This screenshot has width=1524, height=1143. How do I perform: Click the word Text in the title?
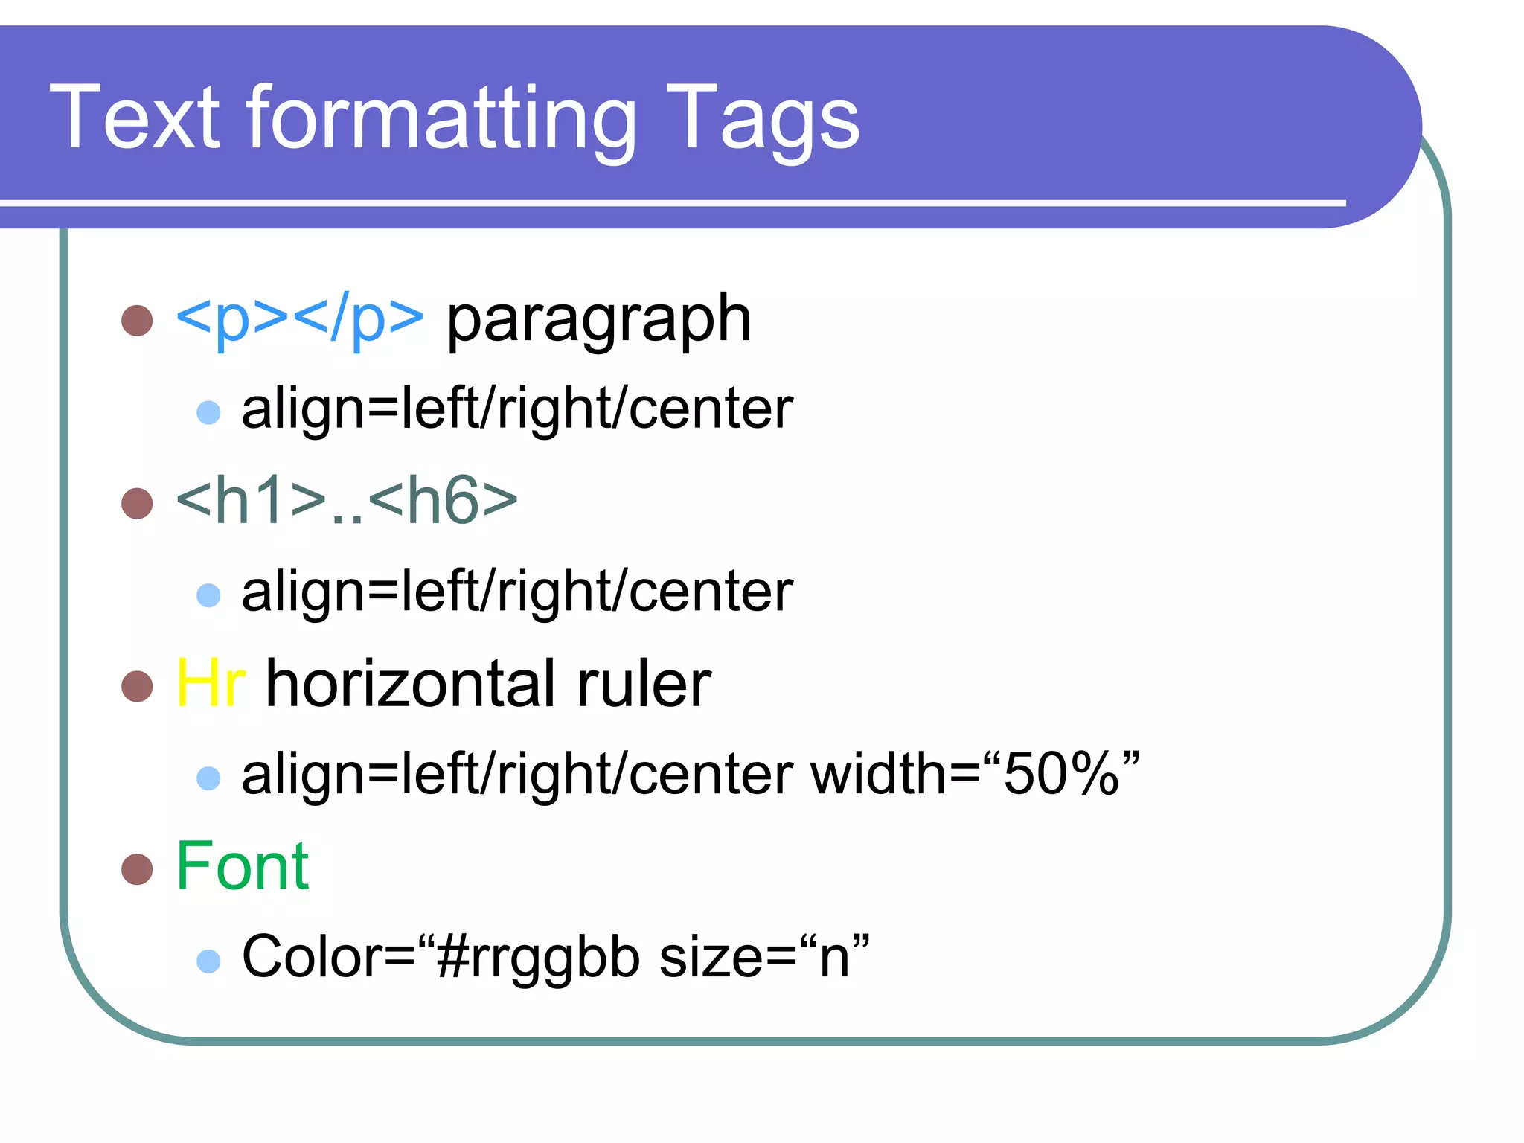click(135, 117)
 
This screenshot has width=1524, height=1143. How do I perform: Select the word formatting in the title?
click(442, 119)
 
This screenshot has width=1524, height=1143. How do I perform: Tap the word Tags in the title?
click(763, 119)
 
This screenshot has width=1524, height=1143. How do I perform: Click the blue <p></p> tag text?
click(299, 318)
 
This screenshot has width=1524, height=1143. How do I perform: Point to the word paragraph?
click(599, 320)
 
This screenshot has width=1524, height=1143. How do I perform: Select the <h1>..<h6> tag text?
click(347, 500)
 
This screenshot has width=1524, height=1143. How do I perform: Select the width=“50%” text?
click(975, 774)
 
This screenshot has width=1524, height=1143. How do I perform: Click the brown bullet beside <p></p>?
click(137, 321)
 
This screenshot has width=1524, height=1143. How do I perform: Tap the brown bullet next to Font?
click(137, 868)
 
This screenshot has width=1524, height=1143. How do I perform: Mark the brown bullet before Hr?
click(137, 686)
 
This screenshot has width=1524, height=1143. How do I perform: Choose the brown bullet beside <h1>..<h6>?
click(137, 503)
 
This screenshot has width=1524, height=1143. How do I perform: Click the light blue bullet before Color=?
click(208, 961)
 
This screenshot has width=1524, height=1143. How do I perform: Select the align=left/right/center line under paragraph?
click(517, 409)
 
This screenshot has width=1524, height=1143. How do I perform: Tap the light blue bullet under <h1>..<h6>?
click(208, 595)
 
